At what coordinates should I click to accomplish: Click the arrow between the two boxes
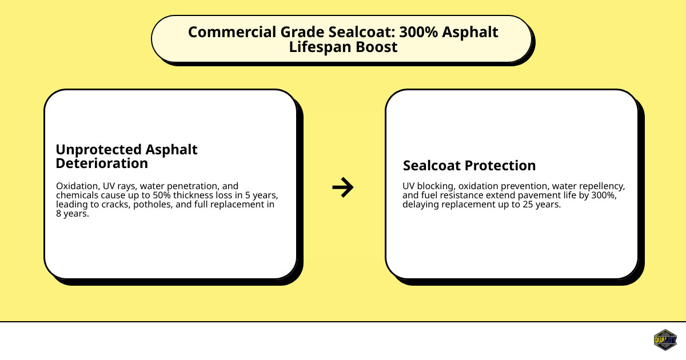point(343,187)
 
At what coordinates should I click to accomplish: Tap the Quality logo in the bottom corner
point(665,340)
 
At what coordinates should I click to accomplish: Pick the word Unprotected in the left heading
point(97,150)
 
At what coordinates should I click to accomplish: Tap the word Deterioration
point(102,163)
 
